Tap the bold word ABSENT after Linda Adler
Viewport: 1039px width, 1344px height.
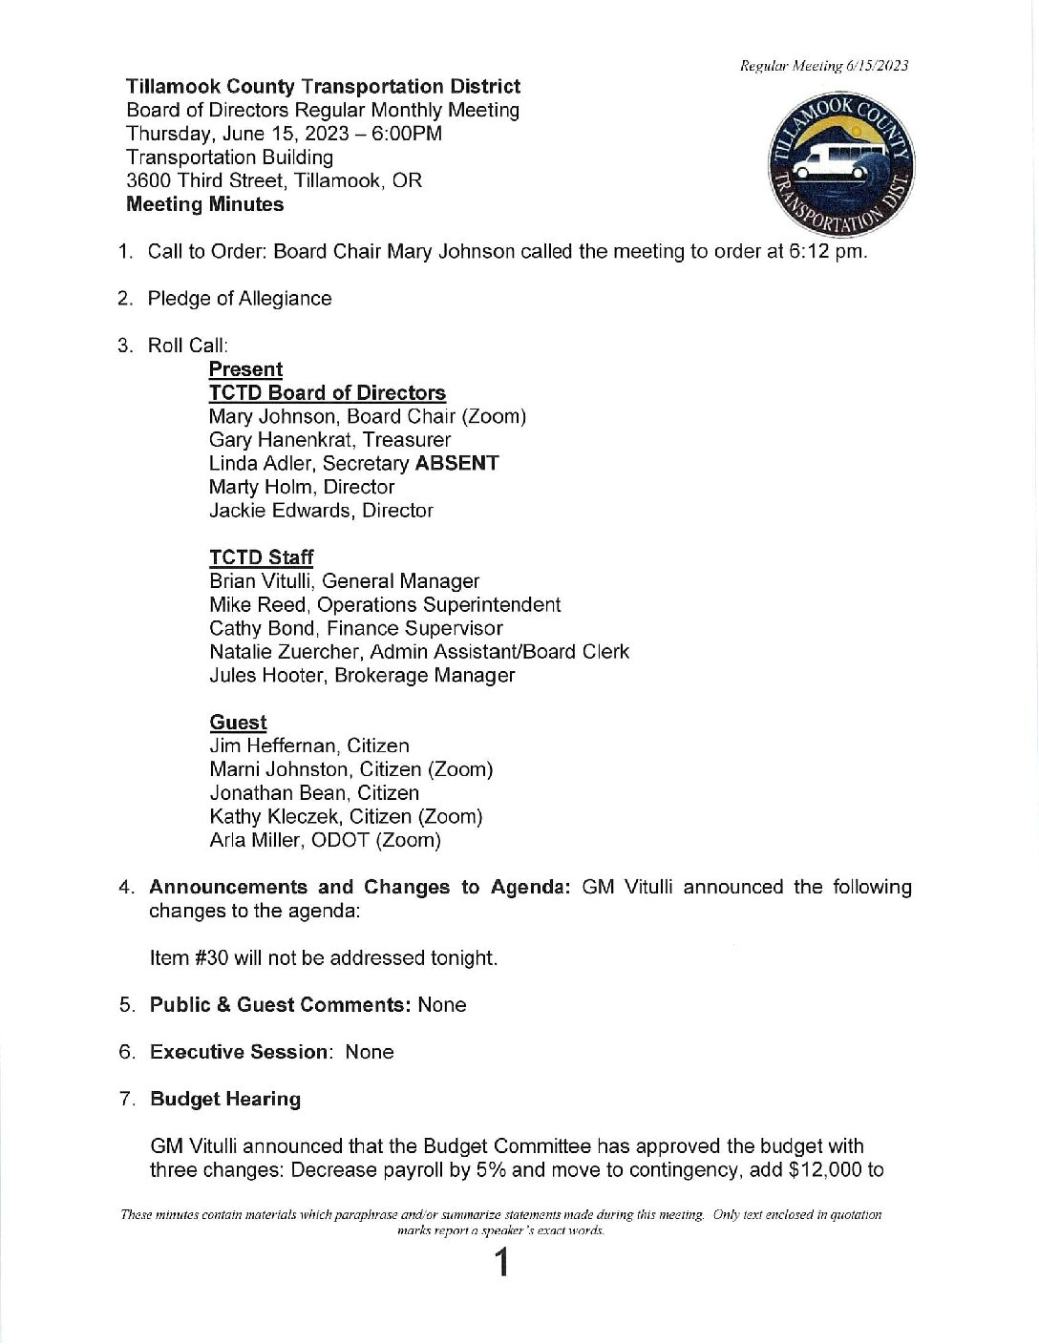point(456,463)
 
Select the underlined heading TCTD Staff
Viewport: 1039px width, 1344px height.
point(261,557)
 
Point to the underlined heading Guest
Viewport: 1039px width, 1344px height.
point(238,723)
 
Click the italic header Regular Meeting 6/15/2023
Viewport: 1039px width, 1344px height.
point(824,66)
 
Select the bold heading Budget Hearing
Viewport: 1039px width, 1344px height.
point(225,1099)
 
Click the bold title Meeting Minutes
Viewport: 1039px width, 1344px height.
point(204,204)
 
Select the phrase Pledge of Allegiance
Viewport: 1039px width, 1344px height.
point(240,299)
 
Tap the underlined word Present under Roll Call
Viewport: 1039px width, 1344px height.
point(245,369)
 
